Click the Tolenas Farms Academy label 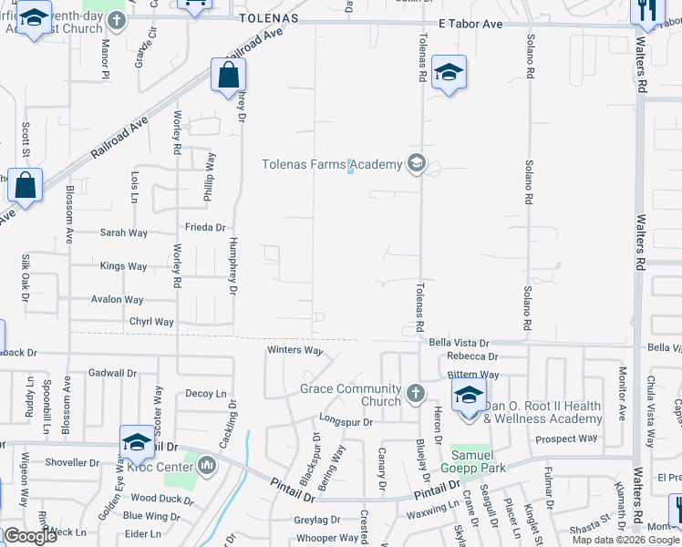332,164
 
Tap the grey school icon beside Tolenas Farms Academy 417,164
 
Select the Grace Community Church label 350,395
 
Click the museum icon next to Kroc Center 207,467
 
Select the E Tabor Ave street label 470,24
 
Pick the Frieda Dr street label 205,227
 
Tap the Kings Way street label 123,266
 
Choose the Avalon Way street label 117,299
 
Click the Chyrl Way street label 151,322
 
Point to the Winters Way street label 294,350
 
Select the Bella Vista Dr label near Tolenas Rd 460,343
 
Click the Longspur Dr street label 346,422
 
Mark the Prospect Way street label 566,439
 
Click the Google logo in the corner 30,536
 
